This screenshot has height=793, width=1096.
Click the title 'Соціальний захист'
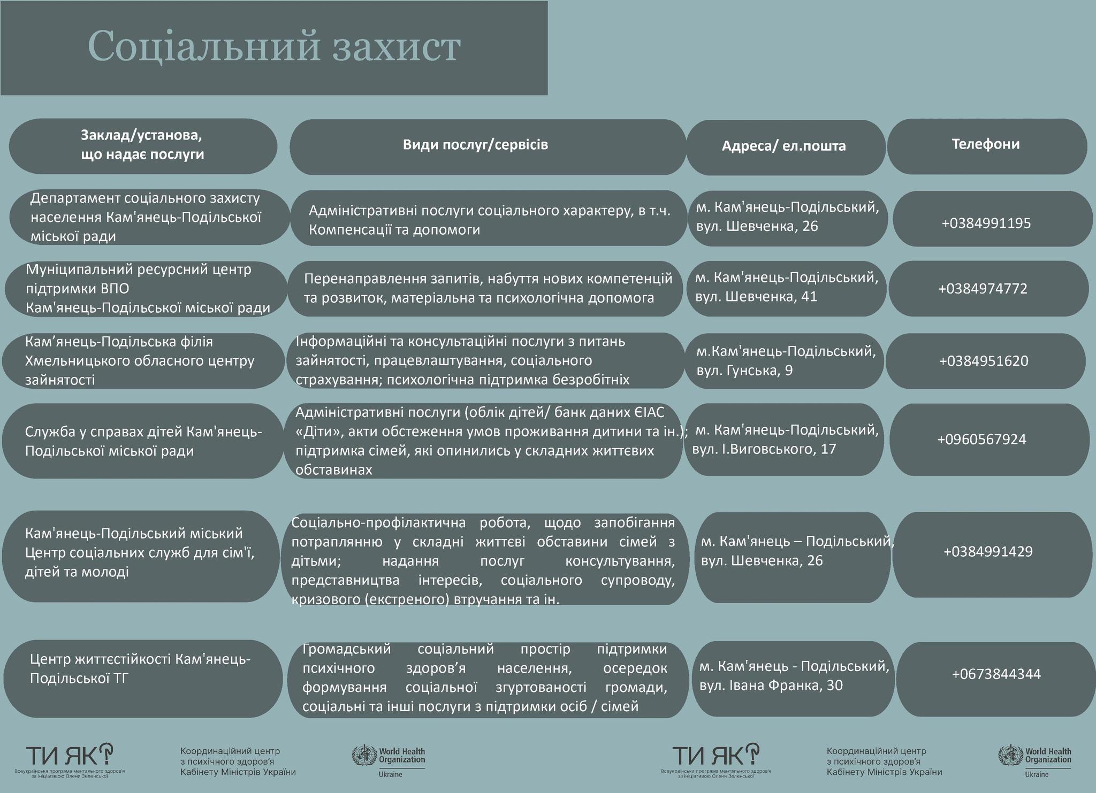tap(273, 47)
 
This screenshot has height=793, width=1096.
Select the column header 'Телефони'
tap(986, 144)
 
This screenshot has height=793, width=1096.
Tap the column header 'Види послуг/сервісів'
tap(475, 145)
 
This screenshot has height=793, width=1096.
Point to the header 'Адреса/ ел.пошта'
tap(783, 147)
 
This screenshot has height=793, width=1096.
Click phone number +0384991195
tap(986, 223)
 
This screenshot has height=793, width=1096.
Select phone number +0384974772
tap(983, 289)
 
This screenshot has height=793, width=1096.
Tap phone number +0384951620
tap(984, 361)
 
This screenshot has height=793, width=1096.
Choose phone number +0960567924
tap(981, 440)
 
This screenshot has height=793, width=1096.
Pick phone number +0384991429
tap(988, 552)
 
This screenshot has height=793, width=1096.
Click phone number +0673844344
tap(996, 674)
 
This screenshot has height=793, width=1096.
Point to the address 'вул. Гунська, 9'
tap(744, 371)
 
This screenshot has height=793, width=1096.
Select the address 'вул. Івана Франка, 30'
tap(771, 686)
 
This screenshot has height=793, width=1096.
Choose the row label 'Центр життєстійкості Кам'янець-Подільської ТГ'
tap(140, 669)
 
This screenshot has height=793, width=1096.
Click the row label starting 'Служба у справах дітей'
tap(143, 441)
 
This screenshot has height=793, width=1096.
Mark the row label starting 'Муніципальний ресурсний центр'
tap(148, 289)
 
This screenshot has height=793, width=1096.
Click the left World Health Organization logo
tap(389, 760)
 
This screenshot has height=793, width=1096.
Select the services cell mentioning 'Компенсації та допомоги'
tap(489, 220)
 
